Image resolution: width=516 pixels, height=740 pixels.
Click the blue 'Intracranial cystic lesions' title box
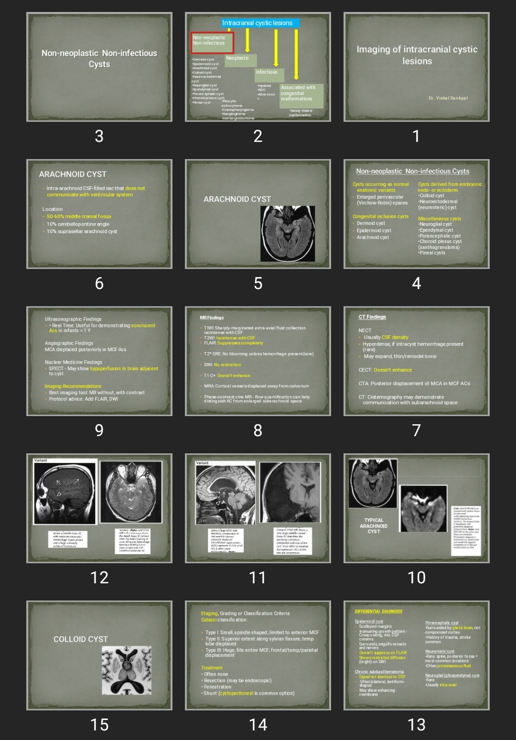tap(260, 23)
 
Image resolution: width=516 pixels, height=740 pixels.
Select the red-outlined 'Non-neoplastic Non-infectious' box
tap(212, 42)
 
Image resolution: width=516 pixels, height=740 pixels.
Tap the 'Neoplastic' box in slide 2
tap(240, 59)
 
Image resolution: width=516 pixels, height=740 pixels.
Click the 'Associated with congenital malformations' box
tap(301, 95)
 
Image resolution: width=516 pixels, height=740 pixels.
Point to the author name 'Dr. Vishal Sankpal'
tap(448, 98)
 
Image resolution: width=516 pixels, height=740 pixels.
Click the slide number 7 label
tap(416, 430)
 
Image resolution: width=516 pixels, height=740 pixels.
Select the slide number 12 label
tap(99, 578)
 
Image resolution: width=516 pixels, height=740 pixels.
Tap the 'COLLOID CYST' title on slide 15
tap(80, 639)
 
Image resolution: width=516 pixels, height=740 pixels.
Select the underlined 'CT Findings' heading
tap(372, 317)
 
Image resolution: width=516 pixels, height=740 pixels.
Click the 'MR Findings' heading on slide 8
tap(212, 318)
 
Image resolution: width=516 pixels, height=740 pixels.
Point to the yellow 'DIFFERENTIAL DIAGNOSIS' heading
tap(378, 611)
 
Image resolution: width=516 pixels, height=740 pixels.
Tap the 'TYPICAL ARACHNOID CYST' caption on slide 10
tap(374, 526)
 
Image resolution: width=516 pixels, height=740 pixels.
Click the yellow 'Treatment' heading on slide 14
tap(212, 668)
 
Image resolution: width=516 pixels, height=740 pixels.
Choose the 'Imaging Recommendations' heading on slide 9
tap(73, 386)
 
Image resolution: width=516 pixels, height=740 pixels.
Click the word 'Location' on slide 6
tap(53, 209)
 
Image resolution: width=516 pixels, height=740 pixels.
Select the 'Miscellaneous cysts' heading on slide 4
tap(440, 219)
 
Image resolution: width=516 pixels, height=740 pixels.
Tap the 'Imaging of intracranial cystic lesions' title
tap(417, 55)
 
